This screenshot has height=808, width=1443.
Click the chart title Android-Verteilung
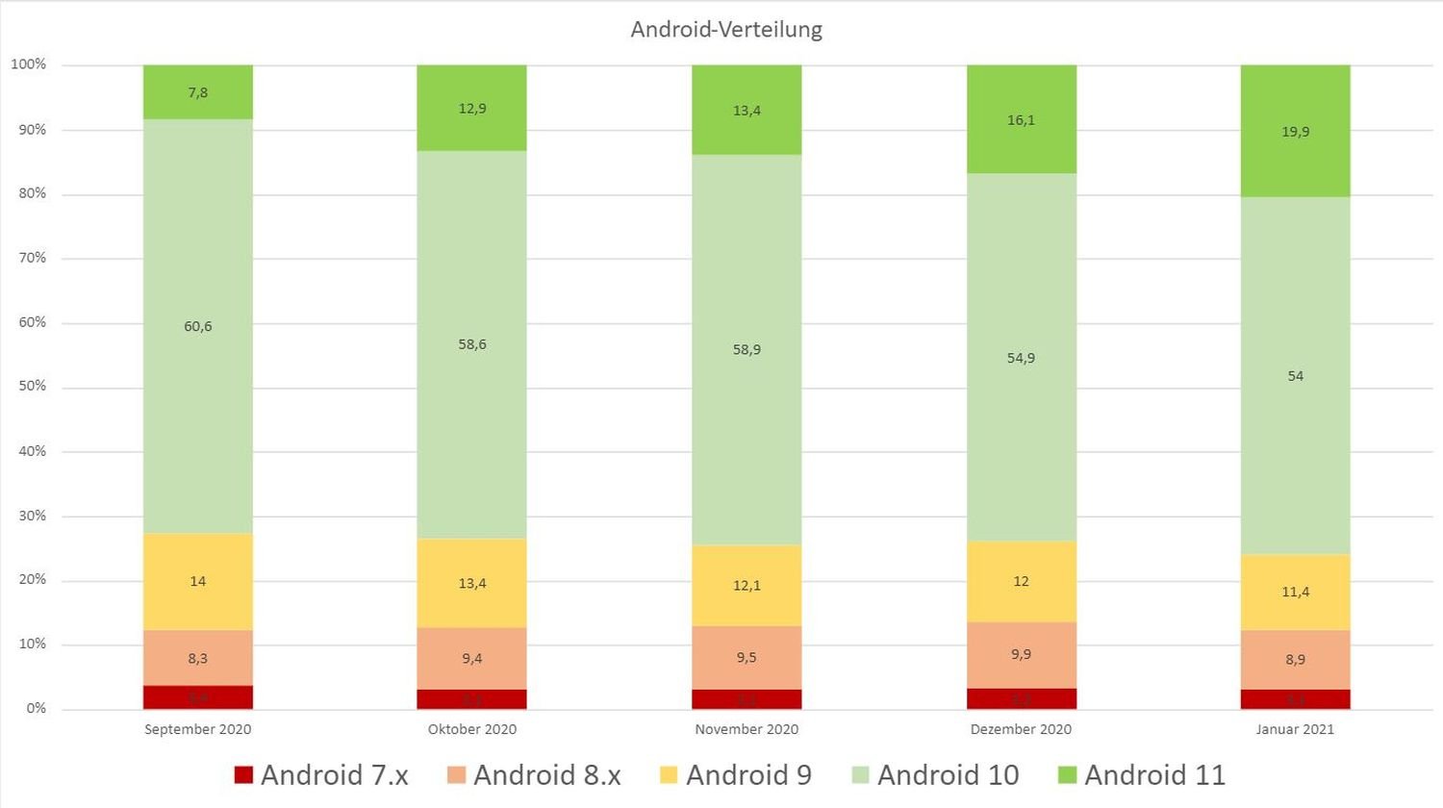[726, 30]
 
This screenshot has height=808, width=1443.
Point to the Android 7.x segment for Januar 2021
[1295, 699]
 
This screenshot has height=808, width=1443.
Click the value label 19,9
[1295, 132]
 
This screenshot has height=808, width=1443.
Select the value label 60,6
[198, 327]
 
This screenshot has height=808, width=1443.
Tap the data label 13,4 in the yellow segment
[472, 584]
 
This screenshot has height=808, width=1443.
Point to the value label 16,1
[1021, 120]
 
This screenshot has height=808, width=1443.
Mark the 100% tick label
[29, 65]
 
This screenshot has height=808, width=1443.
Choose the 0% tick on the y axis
[37, 709]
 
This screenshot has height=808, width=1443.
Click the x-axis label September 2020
[198, 729]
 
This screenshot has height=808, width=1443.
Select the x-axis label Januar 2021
[1295, 729]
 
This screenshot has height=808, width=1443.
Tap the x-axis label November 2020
[747, 729]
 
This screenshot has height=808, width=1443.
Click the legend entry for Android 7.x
[322, 775]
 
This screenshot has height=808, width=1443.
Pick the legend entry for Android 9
[737, 775]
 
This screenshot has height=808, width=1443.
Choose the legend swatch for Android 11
[1066, 775]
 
